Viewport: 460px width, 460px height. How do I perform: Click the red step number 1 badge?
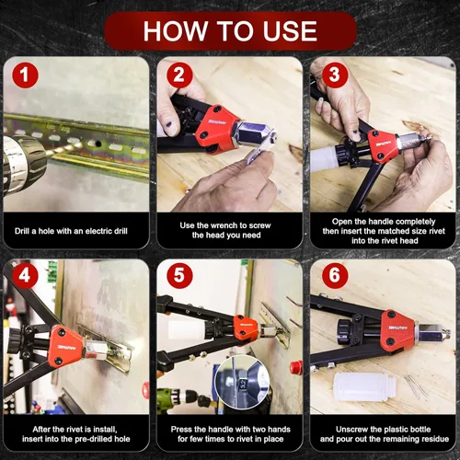pos(25,75)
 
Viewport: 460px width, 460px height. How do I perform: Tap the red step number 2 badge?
pos(179,75)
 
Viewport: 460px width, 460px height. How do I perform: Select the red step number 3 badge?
pos(335,75)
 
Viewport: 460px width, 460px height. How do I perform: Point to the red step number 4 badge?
pos(25,275)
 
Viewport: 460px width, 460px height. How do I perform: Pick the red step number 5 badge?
pos(179,275)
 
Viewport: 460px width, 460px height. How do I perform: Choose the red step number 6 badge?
pos(335,275)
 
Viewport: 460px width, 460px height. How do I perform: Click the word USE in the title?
pos(290,31)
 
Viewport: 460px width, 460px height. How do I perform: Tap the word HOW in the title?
pos(176,31)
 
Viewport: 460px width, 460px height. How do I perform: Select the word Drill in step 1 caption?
pos(22,231)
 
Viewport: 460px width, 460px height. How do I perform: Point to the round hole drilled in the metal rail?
pos(98,144)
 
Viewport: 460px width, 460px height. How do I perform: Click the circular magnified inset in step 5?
pos(242,382)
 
